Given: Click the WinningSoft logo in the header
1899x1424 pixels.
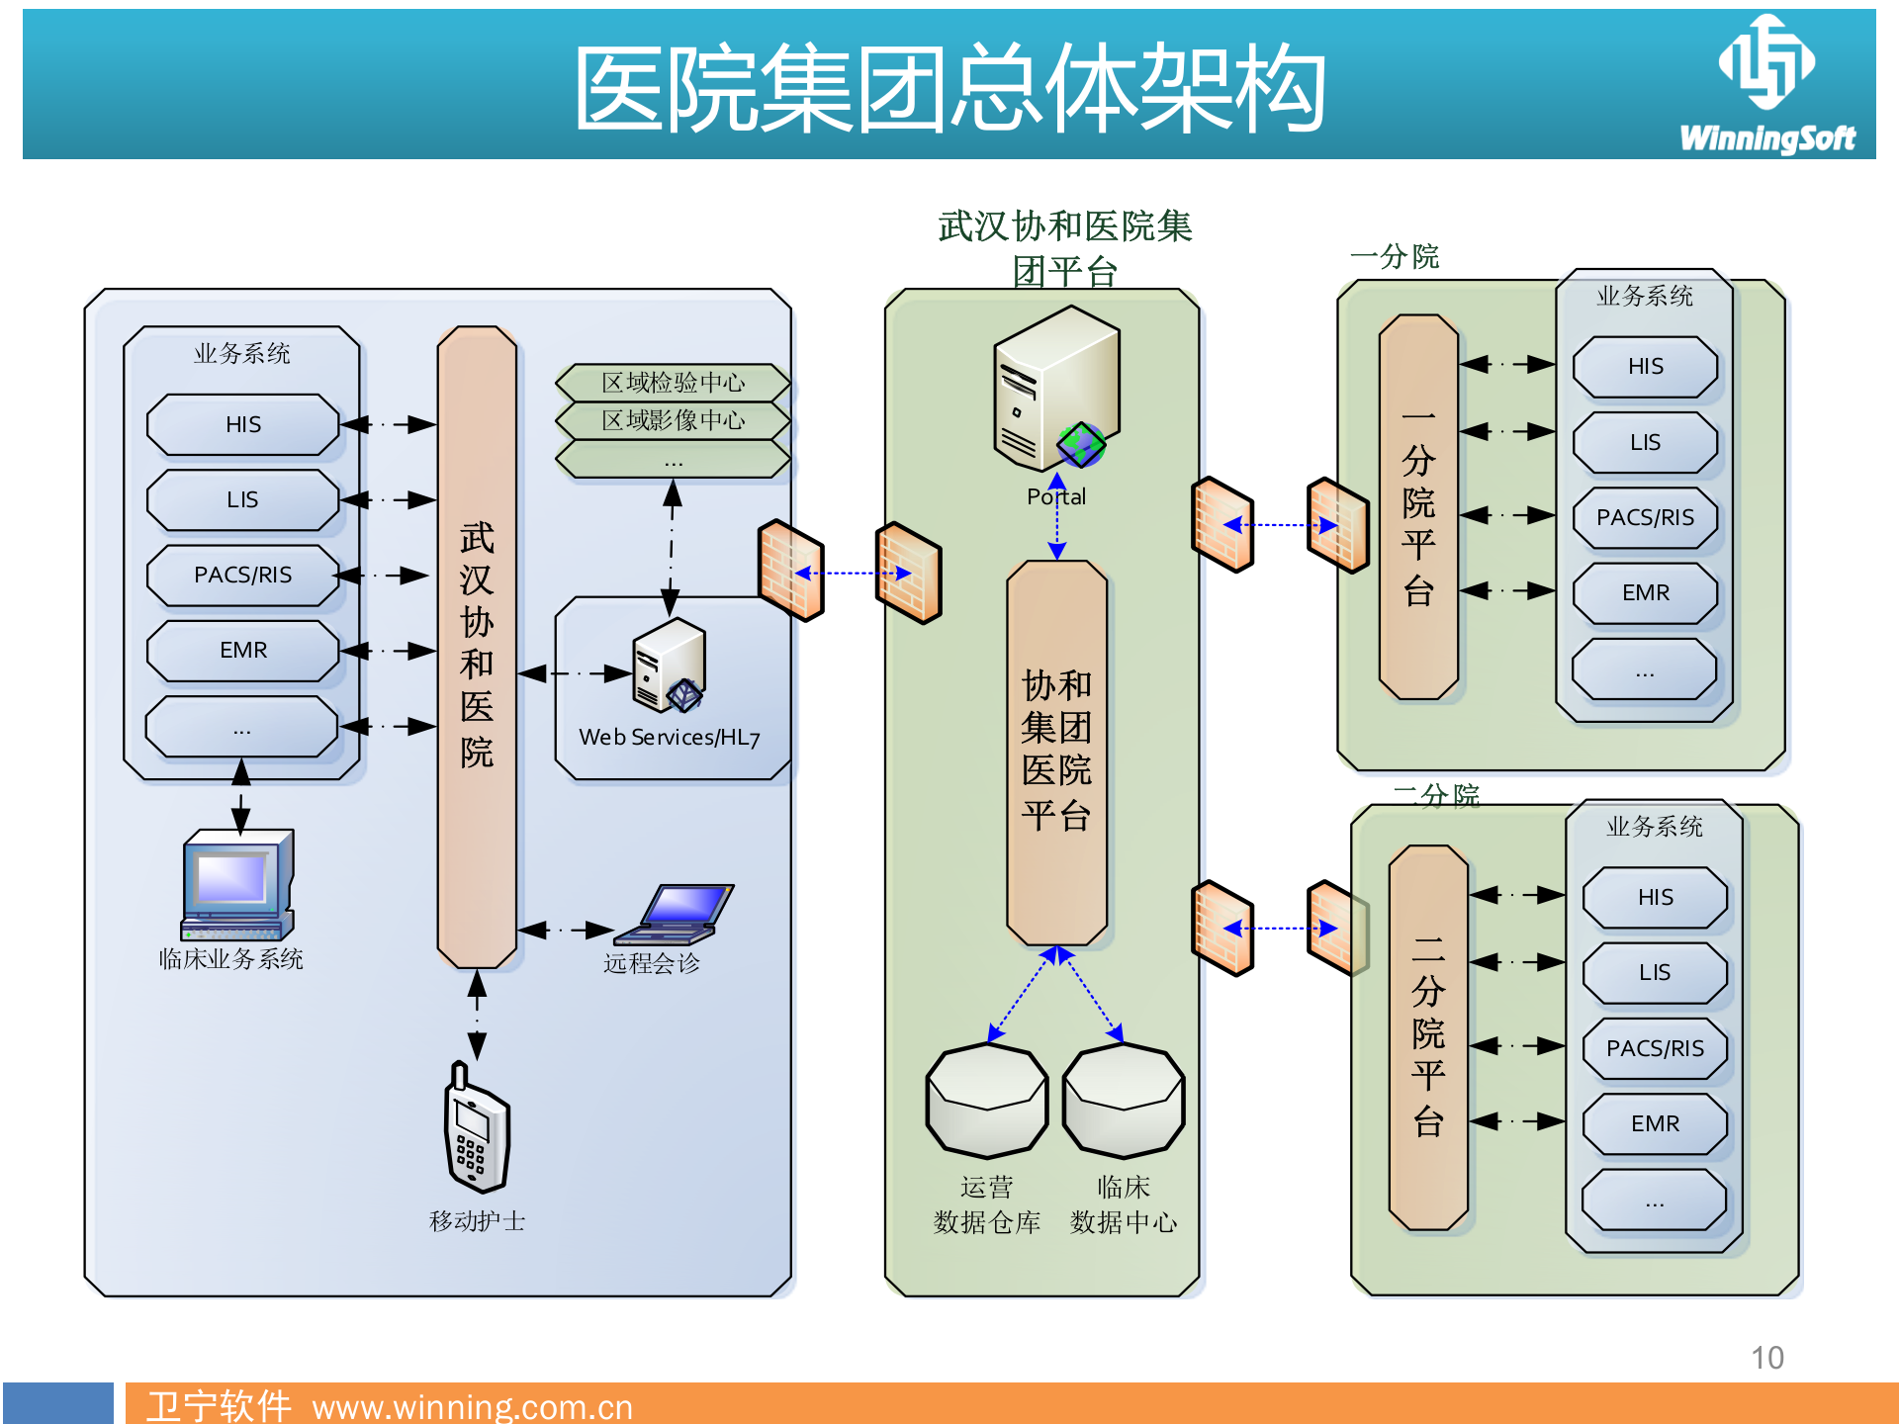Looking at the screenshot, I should (x=1766, y=84).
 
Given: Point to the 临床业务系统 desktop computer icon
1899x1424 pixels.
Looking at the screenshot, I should (x=237, y=884).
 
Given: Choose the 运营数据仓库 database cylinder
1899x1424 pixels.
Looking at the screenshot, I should (x=986, y=1101).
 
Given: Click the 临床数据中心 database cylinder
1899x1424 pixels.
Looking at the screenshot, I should (x=1123, y=1101).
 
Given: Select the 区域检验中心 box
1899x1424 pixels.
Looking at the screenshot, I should (x=673, y=382).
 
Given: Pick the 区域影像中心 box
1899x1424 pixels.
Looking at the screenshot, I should (x=673, y=420).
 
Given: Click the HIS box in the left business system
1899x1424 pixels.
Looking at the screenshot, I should (x=242, y=424).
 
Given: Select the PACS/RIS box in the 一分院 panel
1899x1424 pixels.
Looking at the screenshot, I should (x=1645, y=517).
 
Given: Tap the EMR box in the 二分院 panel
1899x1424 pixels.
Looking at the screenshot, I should (x=1655, y=1123).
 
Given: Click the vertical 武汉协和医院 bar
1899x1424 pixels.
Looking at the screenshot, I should (x=477, y=647).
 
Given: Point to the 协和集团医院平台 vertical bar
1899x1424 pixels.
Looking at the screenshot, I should (x=1055, y=752).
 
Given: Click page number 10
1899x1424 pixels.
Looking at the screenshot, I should (x=1766, y=1358).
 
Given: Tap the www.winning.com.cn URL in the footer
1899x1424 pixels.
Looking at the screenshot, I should (x=472, y=1406).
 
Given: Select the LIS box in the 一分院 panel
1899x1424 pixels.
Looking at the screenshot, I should (x=1645, y=442).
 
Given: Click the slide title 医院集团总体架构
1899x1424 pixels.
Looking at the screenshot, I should (x=949, y=89).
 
